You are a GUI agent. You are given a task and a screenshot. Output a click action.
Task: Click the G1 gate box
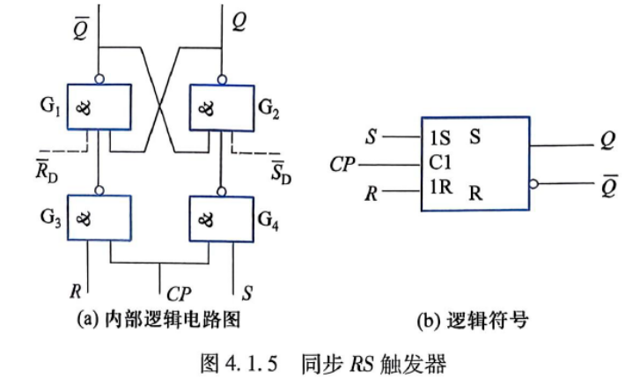coord(99,107)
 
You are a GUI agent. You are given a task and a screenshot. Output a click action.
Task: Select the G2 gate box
coord(222,107)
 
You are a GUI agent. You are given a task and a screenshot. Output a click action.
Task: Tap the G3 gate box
coord(99,218)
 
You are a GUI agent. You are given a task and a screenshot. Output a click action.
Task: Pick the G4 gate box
coord(222,219)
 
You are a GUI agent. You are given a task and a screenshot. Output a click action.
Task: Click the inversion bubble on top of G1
coord(99,79)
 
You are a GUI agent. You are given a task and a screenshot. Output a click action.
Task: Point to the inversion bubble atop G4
coord(222,191)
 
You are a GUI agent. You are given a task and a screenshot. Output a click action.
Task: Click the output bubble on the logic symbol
coord(533,184)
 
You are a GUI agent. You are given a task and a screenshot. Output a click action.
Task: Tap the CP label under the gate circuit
coord(179,293)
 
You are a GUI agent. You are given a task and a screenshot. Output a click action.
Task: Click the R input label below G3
coord(76,292)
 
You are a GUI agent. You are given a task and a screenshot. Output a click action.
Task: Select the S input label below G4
coord(247,293)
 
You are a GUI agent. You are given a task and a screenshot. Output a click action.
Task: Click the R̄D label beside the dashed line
coord(47,170)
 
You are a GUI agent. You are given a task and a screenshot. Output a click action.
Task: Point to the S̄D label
coord(281,172)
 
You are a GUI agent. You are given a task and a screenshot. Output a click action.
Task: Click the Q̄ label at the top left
coord(81,28)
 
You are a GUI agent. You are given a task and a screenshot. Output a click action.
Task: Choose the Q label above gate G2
coord(239,22)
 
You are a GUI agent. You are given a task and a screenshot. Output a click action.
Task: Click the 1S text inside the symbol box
coord(440,138)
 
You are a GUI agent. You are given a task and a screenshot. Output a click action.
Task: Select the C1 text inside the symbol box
coord(440,163)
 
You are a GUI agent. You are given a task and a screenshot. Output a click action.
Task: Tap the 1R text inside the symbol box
coord(441,187)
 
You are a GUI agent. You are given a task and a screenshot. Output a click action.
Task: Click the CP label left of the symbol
coord(342,165)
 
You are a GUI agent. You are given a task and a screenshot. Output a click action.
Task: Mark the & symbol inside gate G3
coord(84,220)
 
